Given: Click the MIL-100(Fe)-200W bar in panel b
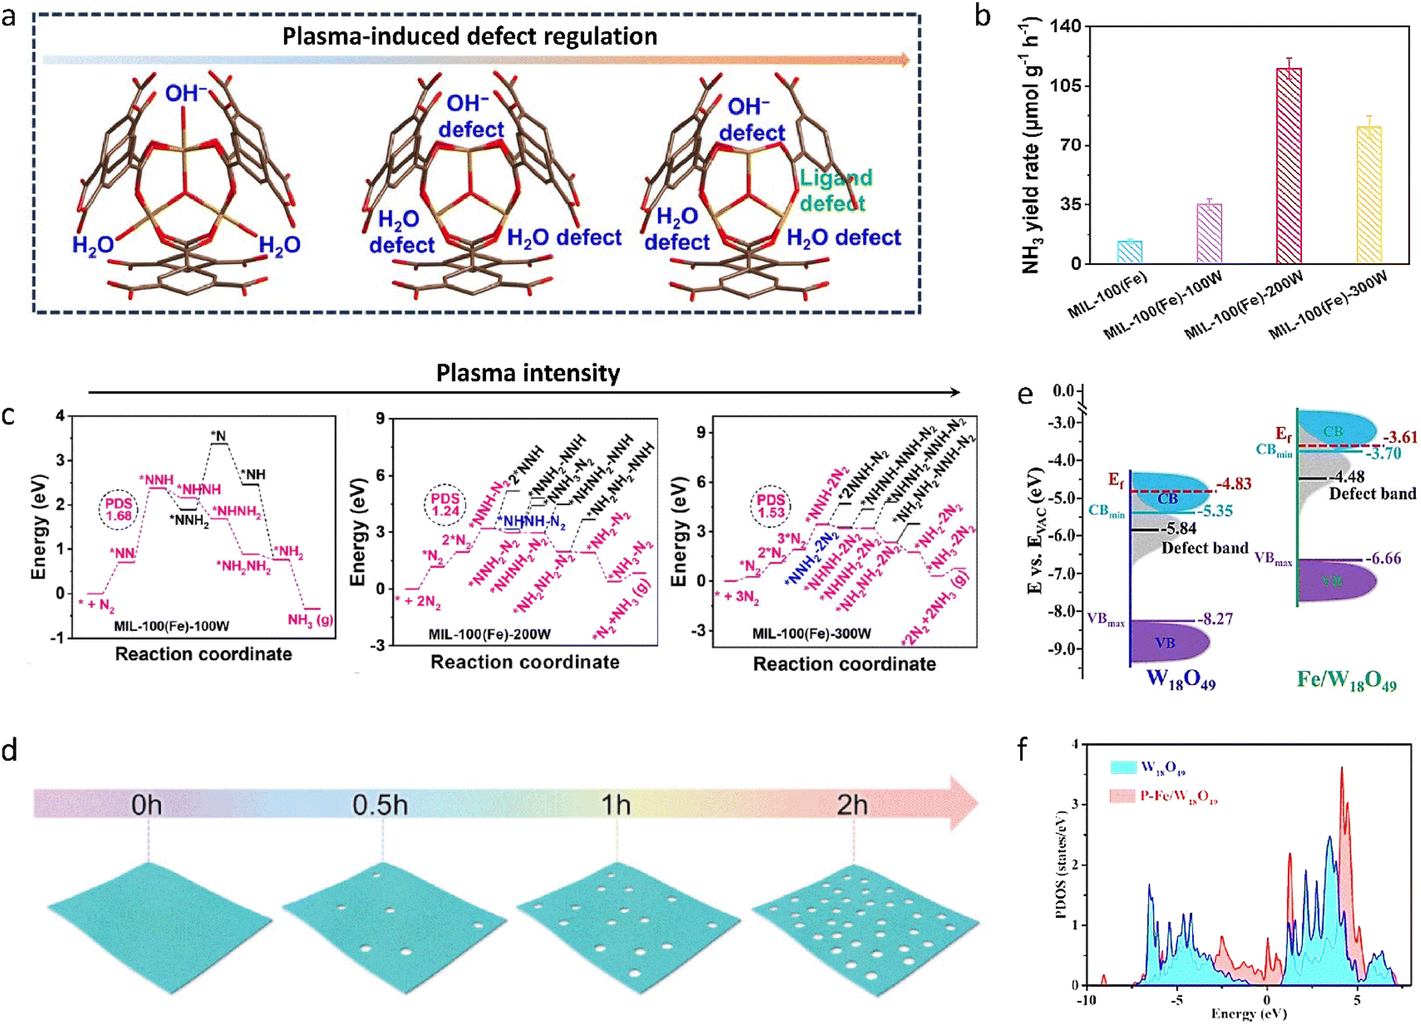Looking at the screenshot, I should coord(1289,165).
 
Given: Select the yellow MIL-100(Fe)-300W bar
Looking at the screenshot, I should coord(1369,194).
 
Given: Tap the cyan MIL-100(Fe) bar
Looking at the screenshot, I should coord(1129,252).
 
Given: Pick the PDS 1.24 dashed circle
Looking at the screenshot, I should coord(445,505).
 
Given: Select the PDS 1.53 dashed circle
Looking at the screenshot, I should coord(771,506).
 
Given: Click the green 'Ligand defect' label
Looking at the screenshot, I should coord(835,190).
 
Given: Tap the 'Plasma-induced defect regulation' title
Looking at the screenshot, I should coord(470,36).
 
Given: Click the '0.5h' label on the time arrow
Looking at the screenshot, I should coord(380,805).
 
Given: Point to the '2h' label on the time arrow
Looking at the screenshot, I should coord(852,805).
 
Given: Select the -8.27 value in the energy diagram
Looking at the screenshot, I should coord(1215,619).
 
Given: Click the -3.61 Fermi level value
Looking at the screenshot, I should coord(1400,438).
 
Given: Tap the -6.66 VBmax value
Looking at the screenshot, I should coord(1383,558).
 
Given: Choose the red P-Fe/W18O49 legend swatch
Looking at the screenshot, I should coord(1123,796).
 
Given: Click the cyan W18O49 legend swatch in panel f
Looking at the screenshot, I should coord(1123,767).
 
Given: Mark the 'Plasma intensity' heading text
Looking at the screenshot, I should coord(528,372).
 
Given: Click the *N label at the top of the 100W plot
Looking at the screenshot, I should coord(218,435).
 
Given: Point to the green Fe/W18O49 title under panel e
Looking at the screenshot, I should coord(1346,680).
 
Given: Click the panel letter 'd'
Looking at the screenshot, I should coord(10,749).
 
